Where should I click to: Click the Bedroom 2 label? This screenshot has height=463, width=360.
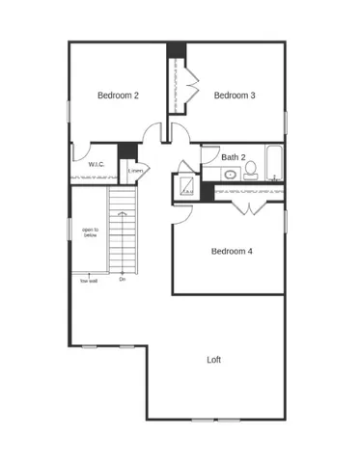point(118,95)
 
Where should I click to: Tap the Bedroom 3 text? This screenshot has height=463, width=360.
point(234,95)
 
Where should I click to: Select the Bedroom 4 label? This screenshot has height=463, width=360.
point(232,252)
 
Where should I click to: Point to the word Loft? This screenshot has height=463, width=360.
point(214,360)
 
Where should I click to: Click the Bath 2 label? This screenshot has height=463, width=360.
point(234,157)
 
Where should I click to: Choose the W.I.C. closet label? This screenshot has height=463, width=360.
point(97,165)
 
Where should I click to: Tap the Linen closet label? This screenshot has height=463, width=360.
point(137,172)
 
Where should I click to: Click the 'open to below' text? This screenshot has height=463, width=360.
point(90,231)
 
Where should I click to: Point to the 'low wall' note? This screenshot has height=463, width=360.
point(89,281)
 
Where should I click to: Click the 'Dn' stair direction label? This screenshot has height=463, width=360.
point(123,280)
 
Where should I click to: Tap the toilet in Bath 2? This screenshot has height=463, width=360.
point(250,172)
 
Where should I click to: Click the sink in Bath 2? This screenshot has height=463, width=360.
point(230,175)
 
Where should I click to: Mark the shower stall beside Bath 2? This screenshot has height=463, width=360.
point(187,184)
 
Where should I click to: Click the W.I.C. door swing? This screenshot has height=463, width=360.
point(82,151)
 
